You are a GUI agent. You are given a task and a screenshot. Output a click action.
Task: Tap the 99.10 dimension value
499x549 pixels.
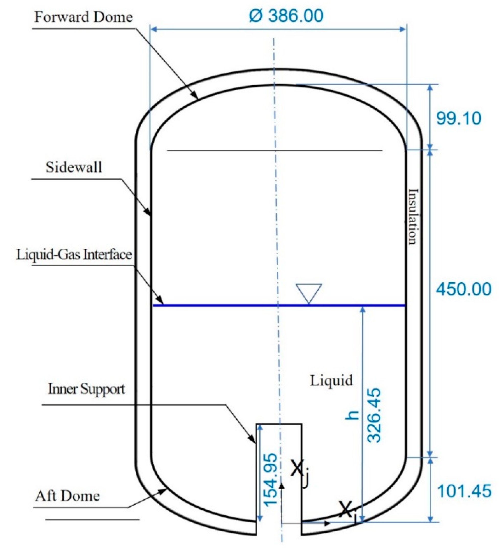coord(458,118)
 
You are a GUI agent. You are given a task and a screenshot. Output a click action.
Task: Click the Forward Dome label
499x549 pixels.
coord(83,17)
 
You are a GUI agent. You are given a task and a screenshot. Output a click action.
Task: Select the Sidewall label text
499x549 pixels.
coord(74,167)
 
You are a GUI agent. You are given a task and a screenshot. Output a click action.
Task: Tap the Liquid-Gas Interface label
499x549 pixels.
coord(74,255)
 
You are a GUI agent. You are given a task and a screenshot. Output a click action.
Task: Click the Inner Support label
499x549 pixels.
coord(86,389)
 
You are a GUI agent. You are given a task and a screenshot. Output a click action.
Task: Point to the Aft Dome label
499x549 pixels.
coord(67,496)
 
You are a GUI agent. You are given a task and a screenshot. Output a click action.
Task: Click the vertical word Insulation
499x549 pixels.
coord(413,217)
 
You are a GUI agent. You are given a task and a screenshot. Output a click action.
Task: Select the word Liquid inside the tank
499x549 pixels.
coord(331,380)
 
